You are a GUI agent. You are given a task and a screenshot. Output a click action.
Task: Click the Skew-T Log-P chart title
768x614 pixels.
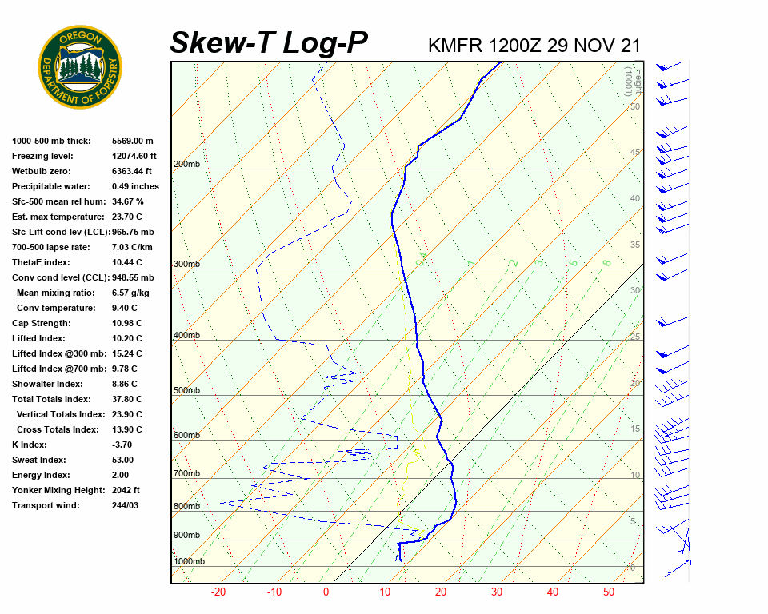[269, 43]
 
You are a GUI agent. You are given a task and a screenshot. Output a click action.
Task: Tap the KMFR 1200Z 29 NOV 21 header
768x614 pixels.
[534, 45]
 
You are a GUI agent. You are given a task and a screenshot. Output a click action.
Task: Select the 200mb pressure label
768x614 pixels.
[186, 165]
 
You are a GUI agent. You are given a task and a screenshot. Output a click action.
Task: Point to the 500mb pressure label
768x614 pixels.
[186, 391]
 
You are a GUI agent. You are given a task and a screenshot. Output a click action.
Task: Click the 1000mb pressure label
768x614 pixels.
[189, 562]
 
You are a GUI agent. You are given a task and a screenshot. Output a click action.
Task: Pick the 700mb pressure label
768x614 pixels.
[186, 474]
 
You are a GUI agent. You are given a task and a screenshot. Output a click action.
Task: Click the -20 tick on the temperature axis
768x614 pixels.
[218, 592]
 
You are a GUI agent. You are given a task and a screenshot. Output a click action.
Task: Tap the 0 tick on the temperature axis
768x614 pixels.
[326, 592]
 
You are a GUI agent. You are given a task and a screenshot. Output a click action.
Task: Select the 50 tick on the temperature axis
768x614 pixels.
[609, 592]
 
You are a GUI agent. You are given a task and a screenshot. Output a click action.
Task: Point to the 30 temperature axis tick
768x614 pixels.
[496, 592]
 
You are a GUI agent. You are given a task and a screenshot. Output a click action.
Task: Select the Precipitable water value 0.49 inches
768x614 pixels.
[135, 186]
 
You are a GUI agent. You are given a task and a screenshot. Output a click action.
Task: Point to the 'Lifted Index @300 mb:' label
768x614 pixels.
[54, 353]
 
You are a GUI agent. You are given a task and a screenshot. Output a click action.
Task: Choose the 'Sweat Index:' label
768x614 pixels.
[39, 460]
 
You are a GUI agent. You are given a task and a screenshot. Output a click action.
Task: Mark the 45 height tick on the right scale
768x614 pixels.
[635, 153]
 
